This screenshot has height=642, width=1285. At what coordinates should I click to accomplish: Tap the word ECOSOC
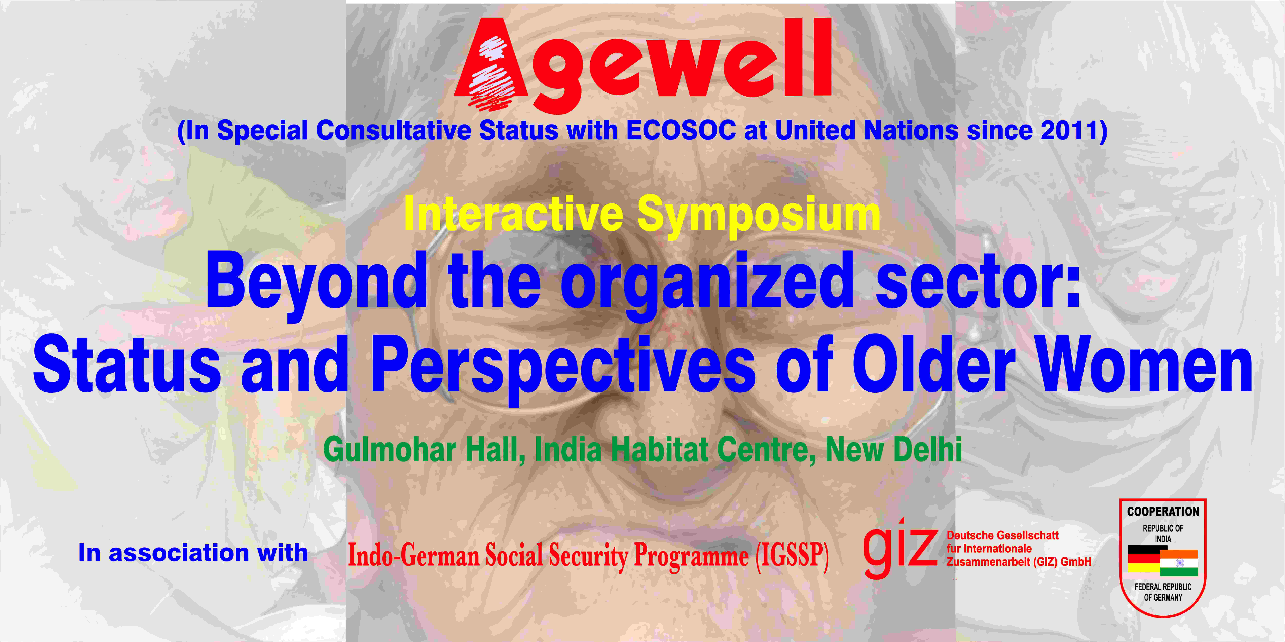tap(681, 131)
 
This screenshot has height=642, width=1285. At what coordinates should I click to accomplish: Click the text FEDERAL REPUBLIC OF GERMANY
tap(1163, 592)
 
